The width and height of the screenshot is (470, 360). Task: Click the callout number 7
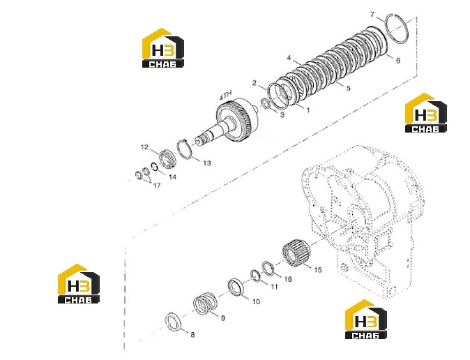coord(372,14)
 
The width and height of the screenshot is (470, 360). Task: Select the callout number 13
coord(207,163)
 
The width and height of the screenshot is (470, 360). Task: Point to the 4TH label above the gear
coord(226,96)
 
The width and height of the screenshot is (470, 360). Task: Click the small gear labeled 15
coord(296,253)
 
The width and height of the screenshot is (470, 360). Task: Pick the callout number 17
coord(157,186)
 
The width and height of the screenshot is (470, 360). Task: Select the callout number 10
coord(256,301)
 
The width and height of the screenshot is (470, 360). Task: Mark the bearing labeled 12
coord(168,159)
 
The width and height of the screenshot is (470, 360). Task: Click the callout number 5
coord(348,88)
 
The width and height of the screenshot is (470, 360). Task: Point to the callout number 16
coord(288,279)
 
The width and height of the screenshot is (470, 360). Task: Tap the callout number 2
coord(255,82)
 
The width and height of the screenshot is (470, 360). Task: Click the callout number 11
coord(274,287)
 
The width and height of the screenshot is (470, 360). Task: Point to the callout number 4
coord(289,58)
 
